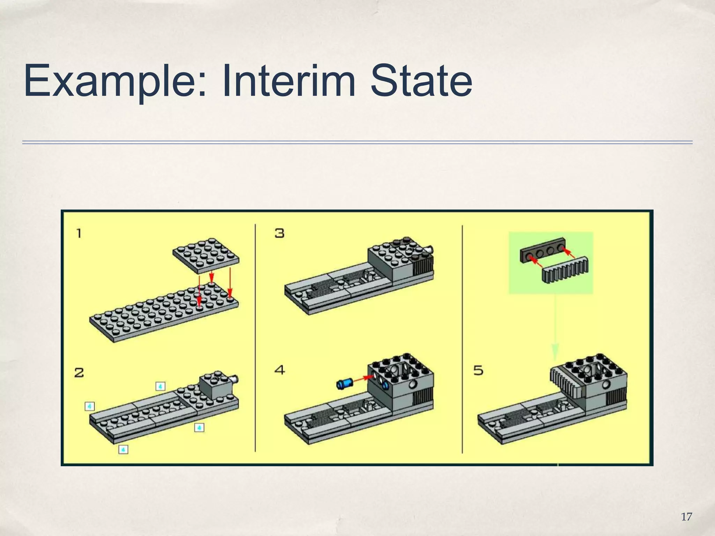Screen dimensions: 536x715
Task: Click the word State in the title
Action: click(x=421, y=81)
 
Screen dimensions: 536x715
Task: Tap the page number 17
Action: click(x=686, y=517)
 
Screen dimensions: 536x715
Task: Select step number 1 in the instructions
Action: click(x=79, y=233)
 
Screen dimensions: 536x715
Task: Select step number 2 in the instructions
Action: click(x=79, y=373)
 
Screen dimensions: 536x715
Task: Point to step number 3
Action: click(x=279, y=233)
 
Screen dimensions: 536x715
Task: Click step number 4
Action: click(x=279, y=370)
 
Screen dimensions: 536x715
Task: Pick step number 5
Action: click(x=478, y=370)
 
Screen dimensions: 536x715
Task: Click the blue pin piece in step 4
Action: click(x=344, y=384)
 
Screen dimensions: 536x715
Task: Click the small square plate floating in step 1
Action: click(x=206, y=256)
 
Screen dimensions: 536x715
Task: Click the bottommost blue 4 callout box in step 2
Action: click(x=123, y=449)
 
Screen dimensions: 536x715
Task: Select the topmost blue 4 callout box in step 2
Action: click(x=160, y=386)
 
